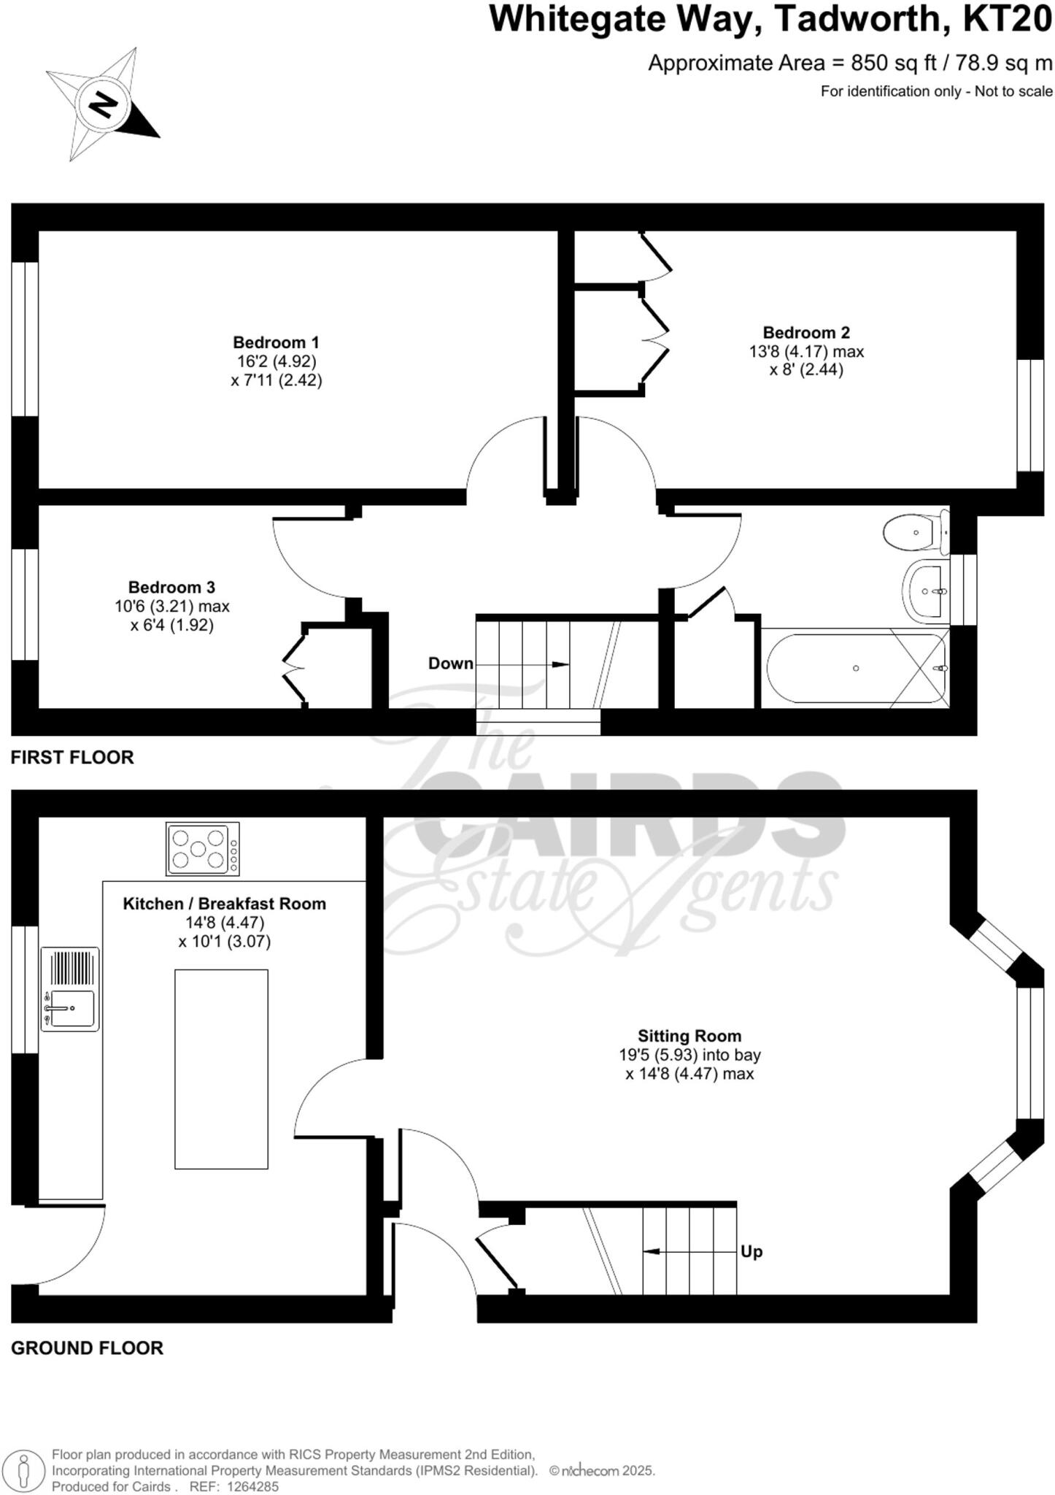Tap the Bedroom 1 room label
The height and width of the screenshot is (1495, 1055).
[276, 342]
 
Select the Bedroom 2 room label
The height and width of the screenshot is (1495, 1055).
[806, 333]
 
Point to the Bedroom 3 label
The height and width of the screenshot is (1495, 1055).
[171, 588]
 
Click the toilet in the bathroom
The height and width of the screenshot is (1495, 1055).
[913, 532]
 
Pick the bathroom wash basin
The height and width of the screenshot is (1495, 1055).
[926, 591]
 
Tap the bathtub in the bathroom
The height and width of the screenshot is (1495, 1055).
[855, 668]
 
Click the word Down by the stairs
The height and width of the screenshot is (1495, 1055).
[450, 664]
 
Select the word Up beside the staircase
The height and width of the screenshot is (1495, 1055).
[751, 1252]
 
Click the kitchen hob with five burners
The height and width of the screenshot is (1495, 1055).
[203, 849]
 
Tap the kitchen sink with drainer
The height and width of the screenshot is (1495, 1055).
[70, 989]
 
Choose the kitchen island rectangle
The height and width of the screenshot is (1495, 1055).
[221, 1069]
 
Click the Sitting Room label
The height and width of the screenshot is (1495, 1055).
[689, 1036]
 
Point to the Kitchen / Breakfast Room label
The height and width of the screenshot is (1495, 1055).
[224, 904]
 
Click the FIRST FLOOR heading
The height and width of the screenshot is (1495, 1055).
[72, 758]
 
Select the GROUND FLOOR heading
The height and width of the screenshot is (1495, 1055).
[87, 1348]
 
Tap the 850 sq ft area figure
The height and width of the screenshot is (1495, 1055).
[894, 63]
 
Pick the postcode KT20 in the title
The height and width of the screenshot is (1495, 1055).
[1008, 20]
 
